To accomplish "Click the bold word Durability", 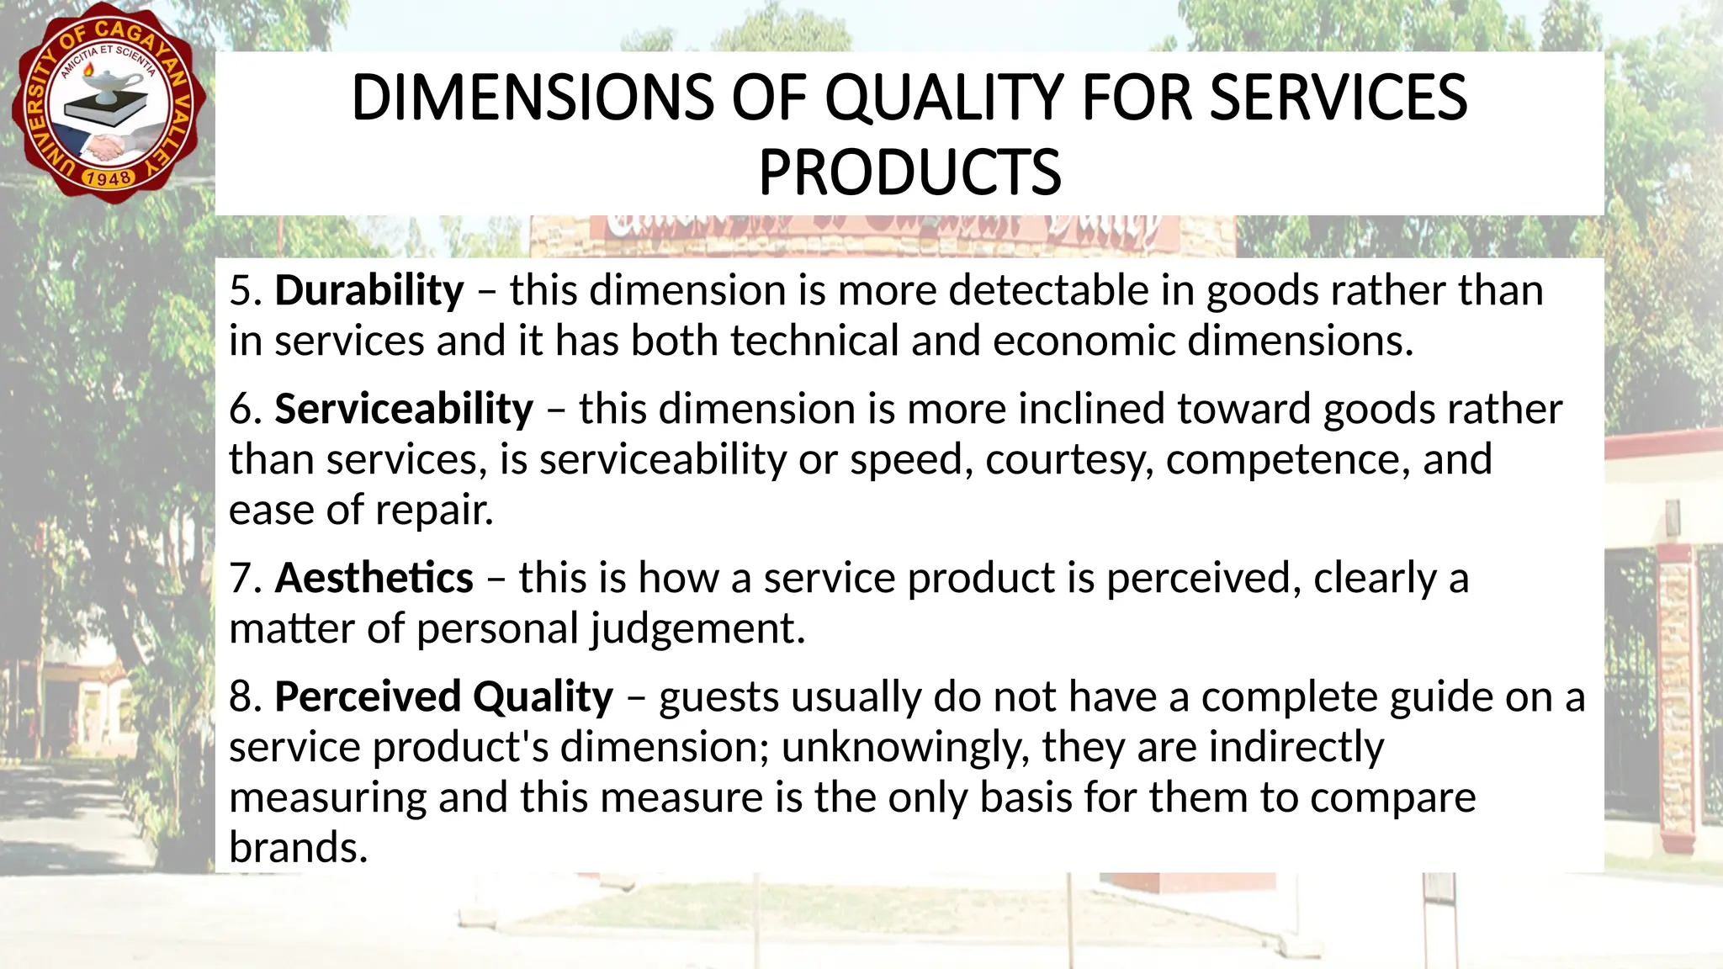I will [x=369, y=291].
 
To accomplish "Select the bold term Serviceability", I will [x=404, y=410].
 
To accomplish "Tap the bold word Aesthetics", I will [x=374, y=579].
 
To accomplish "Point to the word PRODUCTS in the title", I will [x=909, y=172].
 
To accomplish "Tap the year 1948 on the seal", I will [x=109, y=178].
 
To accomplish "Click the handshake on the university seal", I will [x=105, y=148].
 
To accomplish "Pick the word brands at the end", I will [x=298, y=848].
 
